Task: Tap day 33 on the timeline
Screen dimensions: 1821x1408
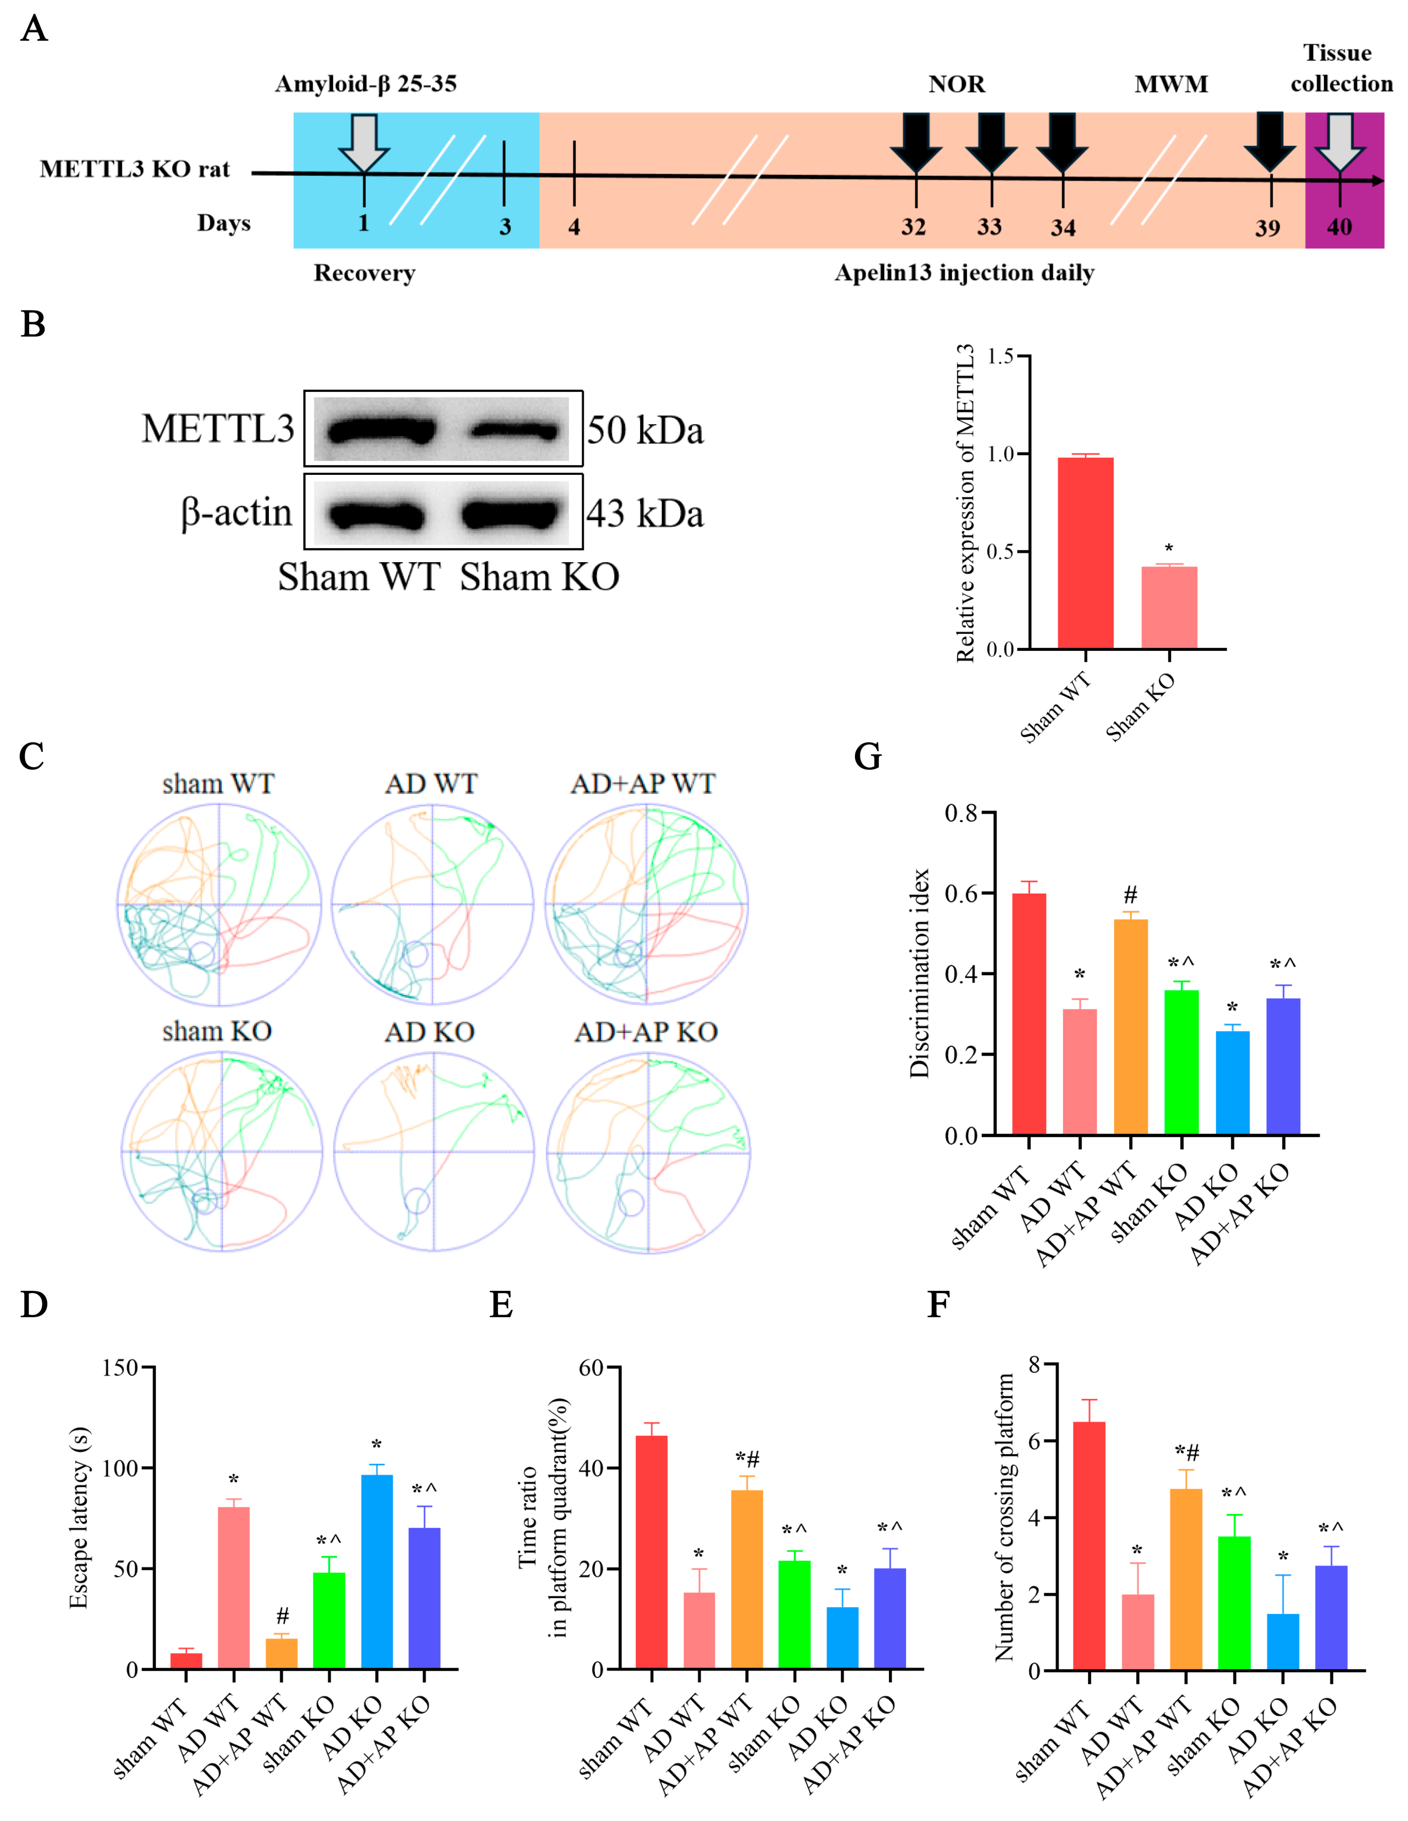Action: [x=989, y=227]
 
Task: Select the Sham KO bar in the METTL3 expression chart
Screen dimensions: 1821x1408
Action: [x=1169, y=607]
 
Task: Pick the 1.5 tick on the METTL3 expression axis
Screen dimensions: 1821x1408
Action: [x=1000, y=357]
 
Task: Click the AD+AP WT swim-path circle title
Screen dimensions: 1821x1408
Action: [x=643, y=784]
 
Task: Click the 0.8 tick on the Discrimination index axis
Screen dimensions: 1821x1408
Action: [x=961, y=813]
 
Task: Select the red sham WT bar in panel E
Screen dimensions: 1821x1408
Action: [x=651, y=1551]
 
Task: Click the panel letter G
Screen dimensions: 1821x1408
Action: [x=868, y=756]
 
